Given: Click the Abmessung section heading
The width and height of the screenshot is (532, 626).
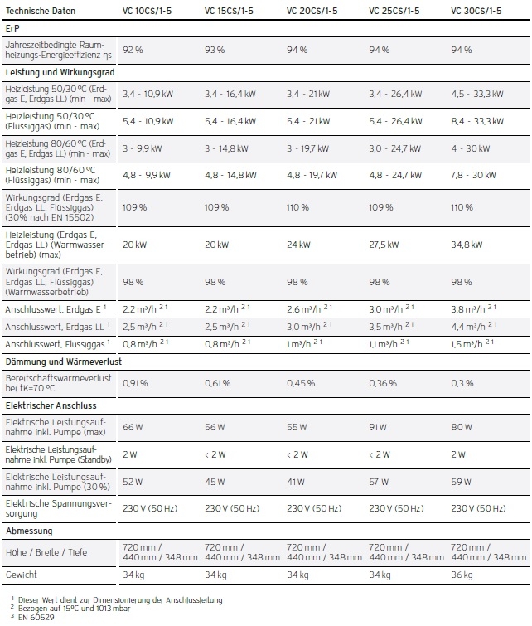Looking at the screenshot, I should [29, 530].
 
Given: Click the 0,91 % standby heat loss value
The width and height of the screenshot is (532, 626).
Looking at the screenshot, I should [135, 383].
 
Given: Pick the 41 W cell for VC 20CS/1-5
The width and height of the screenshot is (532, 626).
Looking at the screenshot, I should [296, 481].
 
